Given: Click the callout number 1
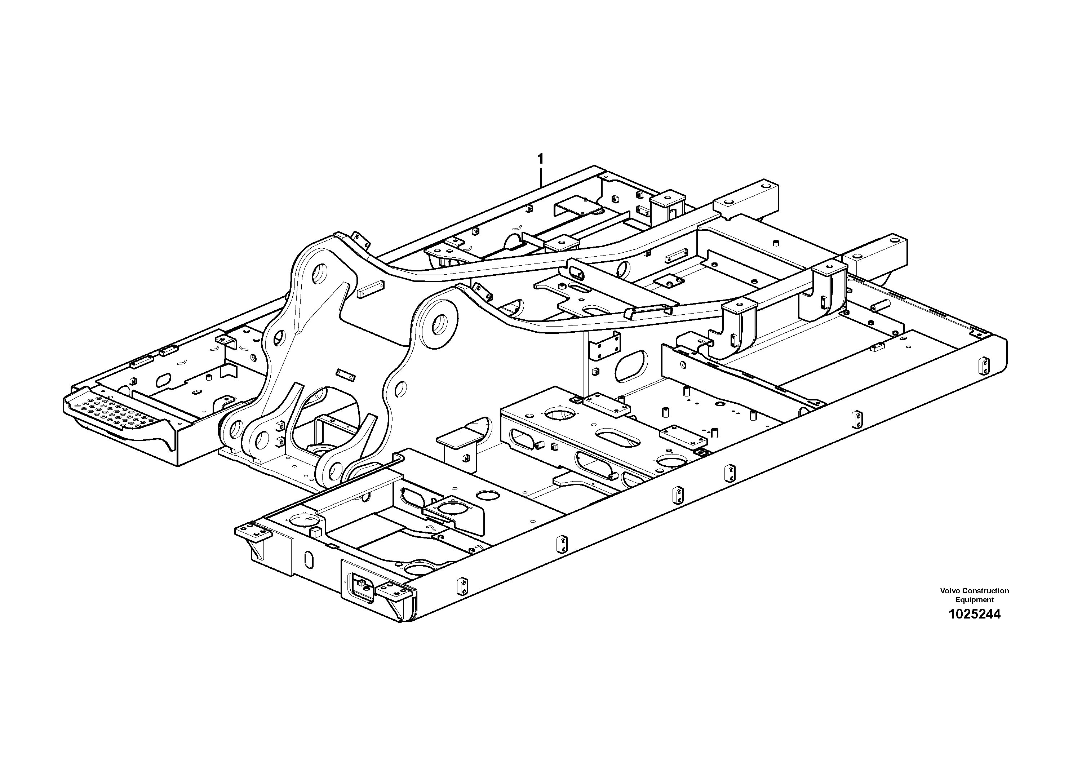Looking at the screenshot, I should click(x=541, y=159).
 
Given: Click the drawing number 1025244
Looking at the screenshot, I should click(x=974, y=614).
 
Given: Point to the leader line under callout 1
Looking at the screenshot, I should click(x=541, y=178).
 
